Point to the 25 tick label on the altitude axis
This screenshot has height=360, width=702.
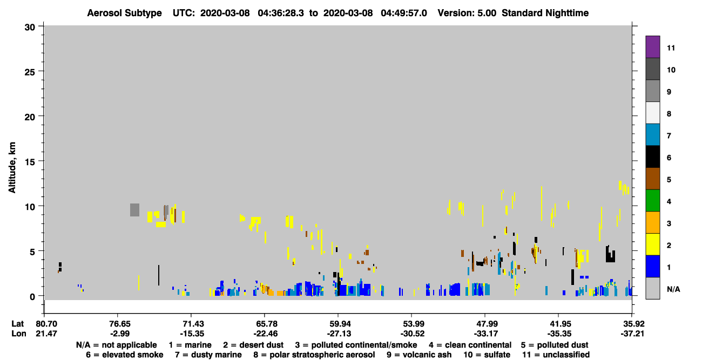pos(30,72)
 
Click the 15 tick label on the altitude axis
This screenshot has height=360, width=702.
pos(30,162)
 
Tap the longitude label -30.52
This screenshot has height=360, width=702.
pos(412,334)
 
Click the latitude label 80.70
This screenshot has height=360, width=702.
pos(46,324)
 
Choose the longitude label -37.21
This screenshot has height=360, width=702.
pos(632,334)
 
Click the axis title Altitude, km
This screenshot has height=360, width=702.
pos(12,167)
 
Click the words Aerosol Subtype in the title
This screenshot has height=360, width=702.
pos(124,13)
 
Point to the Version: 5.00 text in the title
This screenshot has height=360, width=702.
pos(467,13)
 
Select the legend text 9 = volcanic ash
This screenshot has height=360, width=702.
pos(419,355)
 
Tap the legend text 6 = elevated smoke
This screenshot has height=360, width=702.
pos(125,355)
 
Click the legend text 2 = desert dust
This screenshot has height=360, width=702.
pos(253,345)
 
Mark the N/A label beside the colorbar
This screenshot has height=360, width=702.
pos(673,289)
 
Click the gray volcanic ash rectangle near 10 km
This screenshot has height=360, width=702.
pos(135,210)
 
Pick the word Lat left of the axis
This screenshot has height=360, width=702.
pos(18,324)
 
